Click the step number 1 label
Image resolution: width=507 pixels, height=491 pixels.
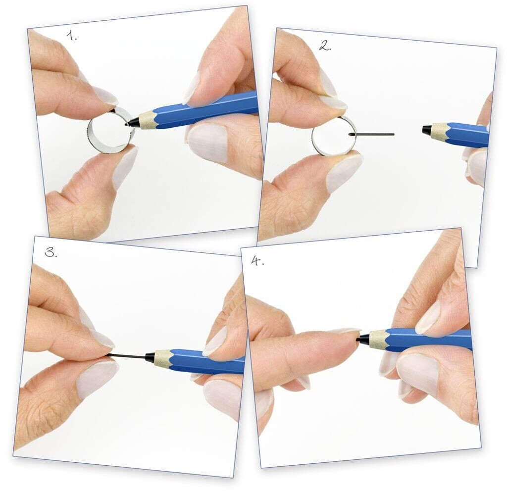(x=72, y=35)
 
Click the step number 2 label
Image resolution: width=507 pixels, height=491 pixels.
(x=325, y=46)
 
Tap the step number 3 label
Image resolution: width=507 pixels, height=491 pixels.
(x=51, y=252)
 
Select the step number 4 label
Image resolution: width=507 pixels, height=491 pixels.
(x=257, y=260)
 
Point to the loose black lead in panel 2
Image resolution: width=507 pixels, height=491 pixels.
(x=372, y=134)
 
